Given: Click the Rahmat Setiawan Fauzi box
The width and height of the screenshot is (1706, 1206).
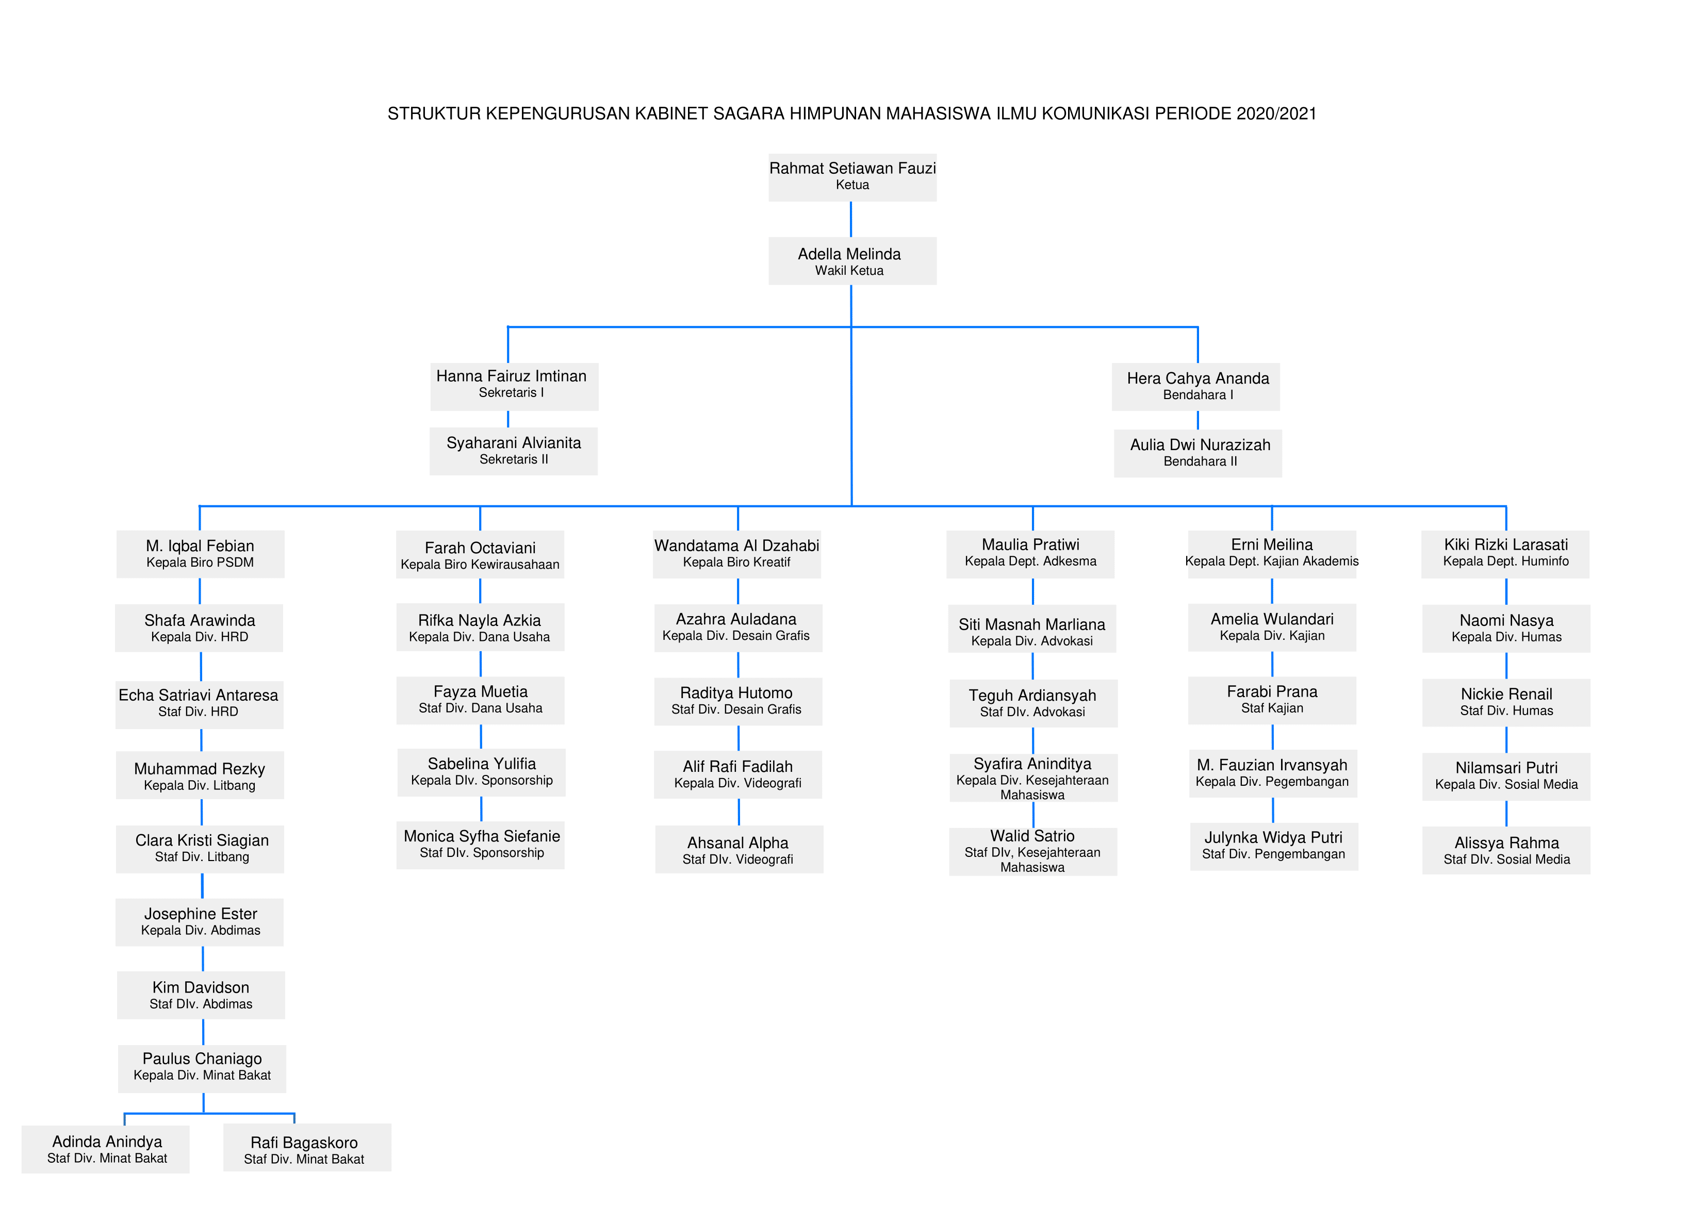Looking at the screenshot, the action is (x=852, y=177).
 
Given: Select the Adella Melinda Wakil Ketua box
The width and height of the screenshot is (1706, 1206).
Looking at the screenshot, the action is (x=852, y=261).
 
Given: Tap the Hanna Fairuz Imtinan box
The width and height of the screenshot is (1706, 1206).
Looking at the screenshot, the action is (x=514, y=386).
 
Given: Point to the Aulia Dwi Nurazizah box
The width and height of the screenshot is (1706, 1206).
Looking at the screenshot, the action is (x=1198, y=453).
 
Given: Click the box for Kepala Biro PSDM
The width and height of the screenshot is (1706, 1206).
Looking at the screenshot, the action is (x=201, y=554).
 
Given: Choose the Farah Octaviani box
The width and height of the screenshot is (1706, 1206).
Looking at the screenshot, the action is (x=480, y=554).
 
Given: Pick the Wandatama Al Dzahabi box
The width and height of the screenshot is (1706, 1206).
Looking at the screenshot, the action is (x=737, y=554).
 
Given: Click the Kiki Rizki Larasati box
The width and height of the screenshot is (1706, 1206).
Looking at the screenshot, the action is (x=1505, y=554).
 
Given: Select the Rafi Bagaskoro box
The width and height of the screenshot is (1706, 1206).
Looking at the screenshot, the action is (x=307, y=1147).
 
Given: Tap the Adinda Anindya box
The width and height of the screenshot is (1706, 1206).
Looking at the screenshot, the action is (x=106, y=1149).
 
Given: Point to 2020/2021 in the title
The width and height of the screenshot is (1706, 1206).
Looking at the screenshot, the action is (x=1276, y=113).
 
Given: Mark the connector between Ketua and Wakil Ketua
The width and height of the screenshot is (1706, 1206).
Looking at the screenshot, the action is (x=851, y=219).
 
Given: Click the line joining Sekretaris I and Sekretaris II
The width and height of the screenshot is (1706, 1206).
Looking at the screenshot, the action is (x=508, y=419).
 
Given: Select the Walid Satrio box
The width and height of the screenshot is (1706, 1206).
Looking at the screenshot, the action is (x=1033, y=852).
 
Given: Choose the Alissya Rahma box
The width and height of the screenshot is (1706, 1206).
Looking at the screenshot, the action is (x=1506, y=850).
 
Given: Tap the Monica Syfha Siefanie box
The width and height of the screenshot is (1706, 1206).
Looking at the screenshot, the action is (x=481, y=846).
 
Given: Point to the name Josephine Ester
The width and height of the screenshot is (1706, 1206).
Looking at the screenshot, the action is (x=201, y=914).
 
